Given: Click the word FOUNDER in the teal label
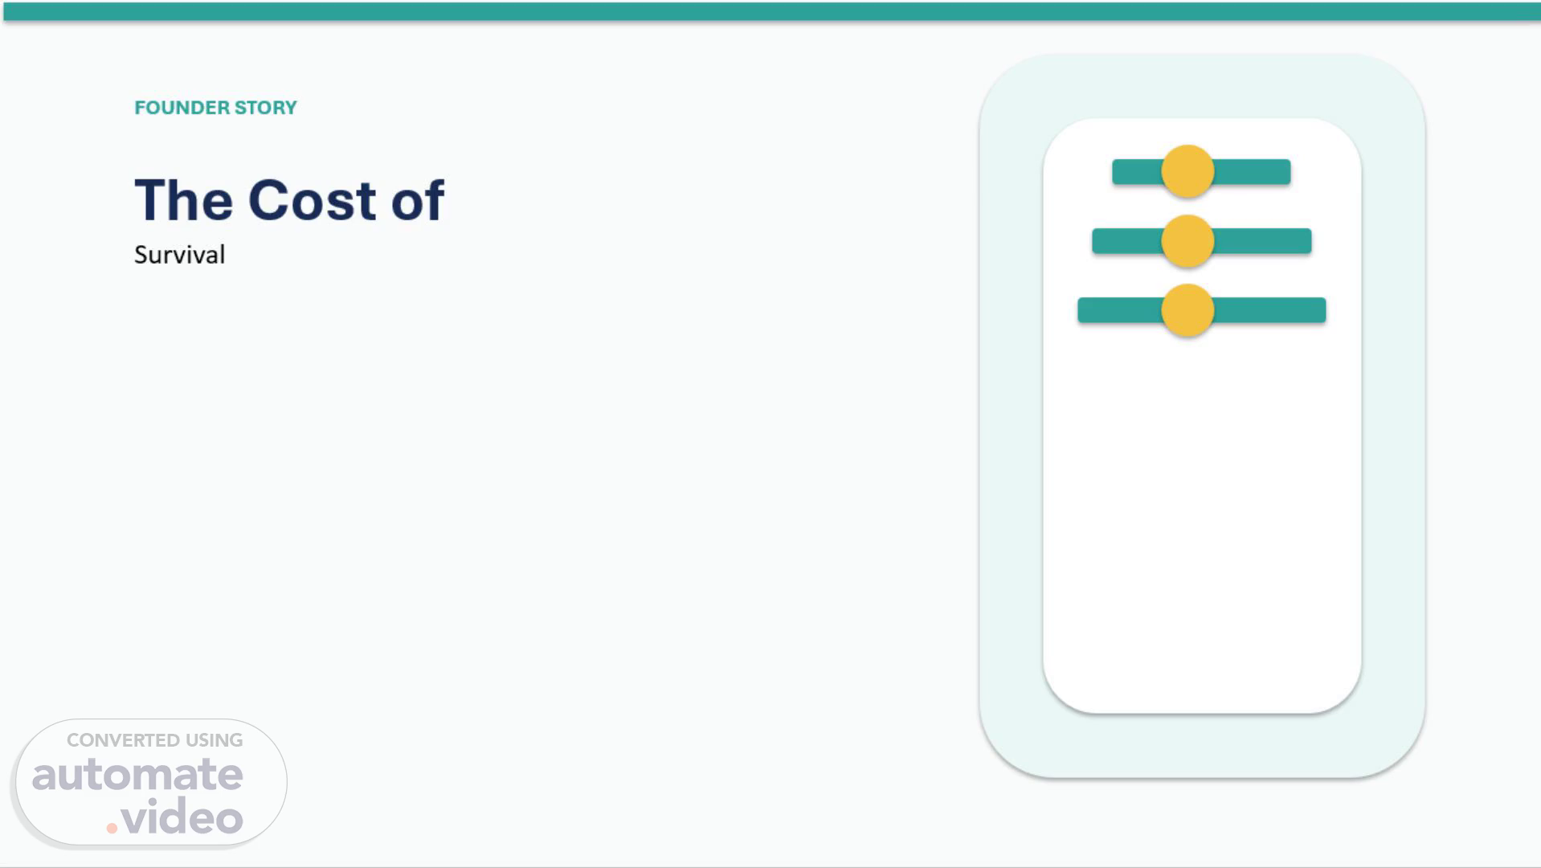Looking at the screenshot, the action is pyautogui.click(x=181, y=108).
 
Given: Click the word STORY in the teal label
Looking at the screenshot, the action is pyautogui.click(x=266, y=108).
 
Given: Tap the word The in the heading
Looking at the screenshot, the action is pyautogui.click(x=184, y=200).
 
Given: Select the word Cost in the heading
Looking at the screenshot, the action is pyautogui.click(x=312, y=200).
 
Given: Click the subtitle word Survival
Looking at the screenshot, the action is pyautogui.click(x=179, y=255).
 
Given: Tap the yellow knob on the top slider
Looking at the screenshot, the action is pyautogui.click(x=1187, y=171).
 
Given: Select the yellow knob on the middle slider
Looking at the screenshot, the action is pyautogui.click(x=1187, y=241).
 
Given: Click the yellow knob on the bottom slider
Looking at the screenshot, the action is pyautogui.click(x=1187, y=310).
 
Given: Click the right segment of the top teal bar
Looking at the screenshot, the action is pyautogui.click(x=1252, y=172).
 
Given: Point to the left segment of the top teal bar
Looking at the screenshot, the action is pyautogui.click(x=1137, y=172).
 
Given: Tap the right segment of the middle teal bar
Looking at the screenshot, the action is pyautogui.click(x=1262, y=241).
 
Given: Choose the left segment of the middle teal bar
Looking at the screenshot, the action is pyautogui.click(x=1127, y=241).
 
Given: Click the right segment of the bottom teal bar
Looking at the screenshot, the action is pyautogui.click(x=1269, y=310).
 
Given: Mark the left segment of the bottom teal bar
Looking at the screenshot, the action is pyautogui.click(x=1120, y=310).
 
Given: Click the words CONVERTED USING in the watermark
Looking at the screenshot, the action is pyautogui.click(x=154, y=740).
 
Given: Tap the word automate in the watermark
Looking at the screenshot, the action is pyautogui.click(x=137, y=775).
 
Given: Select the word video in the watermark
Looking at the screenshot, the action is pyautogui.click(x=182, y=817).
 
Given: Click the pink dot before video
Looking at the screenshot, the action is pyautogui.click(x=112, y=828).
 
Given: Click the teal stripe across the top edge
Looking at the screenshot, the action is pyautogui.click(x=771, y=11).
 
